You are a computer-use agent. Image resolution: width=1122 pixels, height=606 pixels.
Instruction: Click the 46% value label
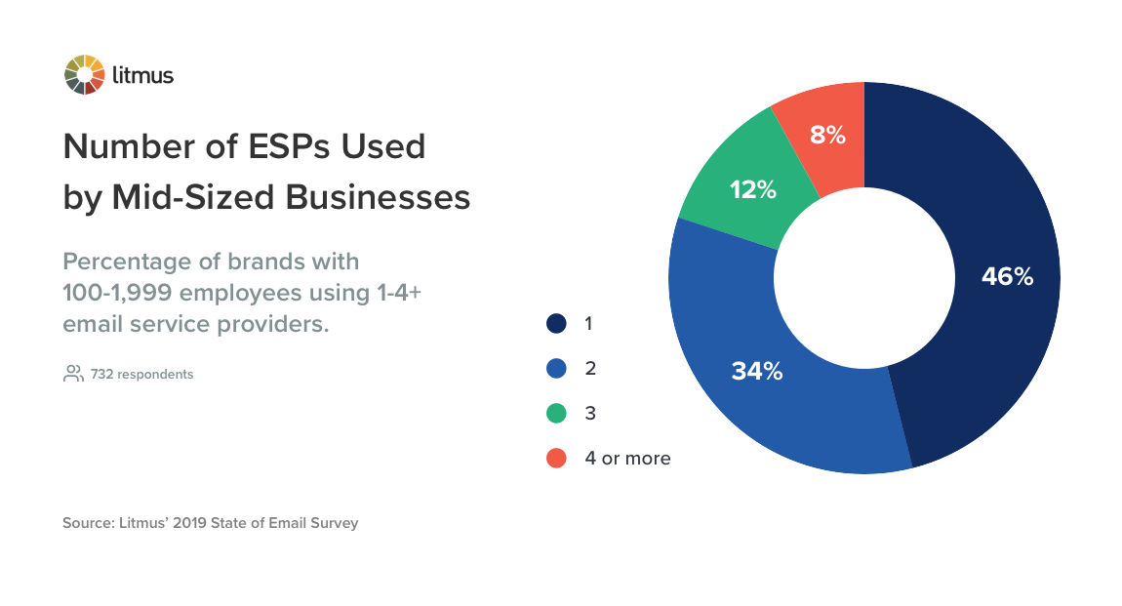point(1007,277)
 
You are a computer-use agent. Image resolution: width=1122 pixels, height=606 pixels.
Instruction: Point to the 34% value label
point(757,372)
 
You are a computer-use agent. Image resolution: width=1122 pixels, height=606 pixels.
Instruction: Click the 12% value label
point(752,190)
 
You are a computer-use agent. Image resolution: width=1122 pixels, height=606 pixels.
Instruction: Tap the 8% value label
point(828,136)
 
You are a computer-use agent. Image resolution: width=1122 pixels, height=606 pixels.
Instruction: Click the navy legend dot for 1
point(556,323)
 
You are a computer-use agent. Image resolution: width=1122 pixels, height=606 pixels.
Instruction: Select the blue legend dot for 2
point(556,368)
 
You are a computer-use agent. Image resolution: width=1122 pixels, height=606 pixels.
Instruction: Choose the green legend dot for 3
point(556,413)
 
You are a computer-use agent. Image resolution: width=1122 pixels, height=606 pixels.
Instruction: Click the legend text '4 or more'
point(627,458)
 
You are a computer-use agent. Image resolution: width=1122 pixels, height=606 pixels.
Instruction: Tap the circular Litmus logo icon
point(84,75)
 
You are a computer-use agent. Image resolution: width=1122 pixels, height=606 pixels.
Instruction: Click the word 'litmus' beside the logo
point(142,75)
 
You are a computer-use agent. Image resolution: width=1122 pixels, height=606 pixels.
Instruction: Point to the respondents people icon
point(73,374)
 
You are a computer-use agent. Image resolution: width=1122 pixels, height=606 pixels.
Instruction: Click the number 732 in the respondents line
point(102,374)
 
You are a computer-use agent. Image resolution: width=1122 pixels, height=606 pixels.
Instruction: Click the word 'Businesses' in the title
point(378,197)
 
